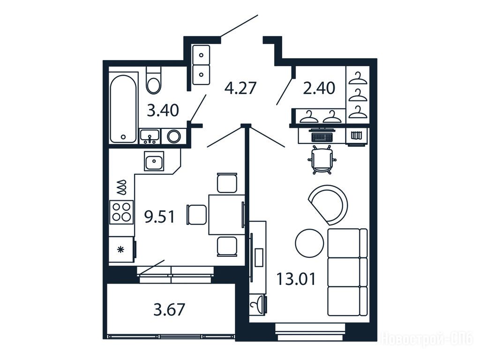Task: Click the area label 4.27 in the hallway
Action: click(x=240, y=88)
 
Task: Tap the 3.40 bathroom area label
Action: click(x=163, y=110)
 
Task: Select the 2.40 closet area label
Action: click(x=319, y=88)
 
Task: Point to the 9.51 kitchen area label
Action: click(x=159, y=217)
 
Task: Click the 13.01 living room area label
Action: click(x=296, y=279)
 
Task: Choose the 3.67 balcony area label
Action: click(x=169, y=309)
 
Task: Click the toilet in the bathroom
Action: click(x=153, y=80)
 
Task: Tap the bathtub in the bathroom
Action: click(x=123, y=109)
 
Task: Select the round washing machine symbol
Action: click(x=173, y=136)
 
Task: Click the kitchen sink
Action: click(x=154, y=161)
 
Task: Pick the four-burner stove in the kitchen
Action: click(x=121, y=212)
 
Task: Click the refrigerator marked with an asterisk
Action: click(x=122, y=249)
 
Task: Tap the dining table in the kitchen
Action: click(x=227, y=215)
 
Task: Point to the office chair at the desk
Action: click(x=322, y=159)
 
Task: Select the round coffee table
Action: click(x=309, y=243)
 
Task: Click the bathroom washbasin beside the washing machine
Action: click(x=150, y=136)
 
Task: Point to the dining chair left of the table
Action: click(x=196, y=215)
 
